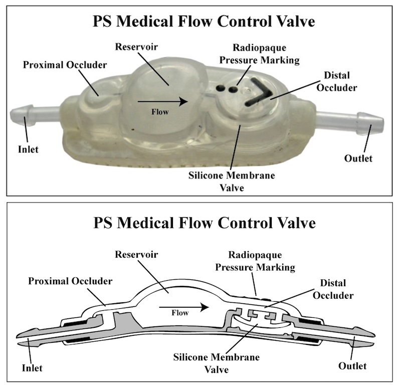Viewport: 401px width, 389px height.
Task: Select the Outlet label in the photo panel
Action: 358,158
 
